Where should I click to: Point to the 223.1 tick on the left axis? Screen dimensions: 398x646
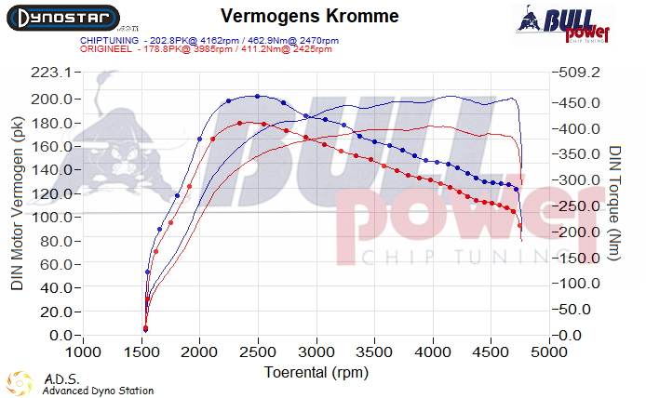(52, 73)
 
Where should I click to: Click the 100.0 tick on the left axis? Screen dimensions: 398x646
(52, 217)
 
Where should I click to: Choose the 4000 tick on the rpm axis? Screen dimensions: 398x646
(433, 353)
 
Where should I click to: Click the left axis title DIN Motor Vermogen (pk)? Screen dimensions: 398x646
(18, 205)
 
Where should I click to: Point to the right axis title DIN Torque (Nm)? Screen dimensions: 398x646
(615, 205)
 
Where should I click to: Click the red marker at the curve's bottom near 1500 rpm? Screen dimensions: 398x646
(145, 329)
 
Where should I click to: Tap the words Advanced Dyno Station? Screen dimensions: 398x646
(98, 391)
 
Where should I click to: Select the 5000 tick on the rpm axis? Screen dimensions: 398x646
(549, 353)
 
